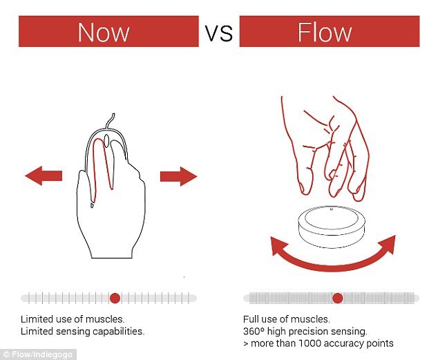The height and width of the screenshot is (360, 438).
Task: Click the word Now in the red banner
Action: [104, 32]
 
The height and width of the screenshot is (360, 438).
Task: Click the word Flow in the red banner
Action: [325, 32]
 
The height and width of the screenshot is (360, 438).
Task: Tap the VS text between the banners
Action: [219, 33]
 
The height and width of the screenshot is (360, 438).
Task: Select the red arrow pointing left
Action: [44, 176]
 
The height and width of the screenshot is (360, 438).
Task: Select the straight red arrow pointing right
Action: [179, 176]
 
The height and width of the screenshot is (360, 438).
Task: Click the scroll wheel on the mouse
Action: [106, 140]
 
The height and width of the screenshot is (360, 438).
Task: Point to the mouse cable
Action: [110, 121]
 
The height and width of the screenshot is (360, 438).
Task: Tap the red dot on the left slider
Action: [115, 298]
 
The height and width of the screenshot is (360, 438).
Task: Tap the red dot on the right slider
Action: [338, 298]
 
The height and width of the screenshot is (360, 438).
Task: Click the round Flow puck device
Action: [332, 227]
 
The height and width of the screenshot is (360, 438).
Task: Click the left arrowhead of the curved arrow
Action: [279, 246]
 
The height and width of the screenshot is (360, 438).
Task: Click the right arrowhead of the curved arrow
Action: [388, 245]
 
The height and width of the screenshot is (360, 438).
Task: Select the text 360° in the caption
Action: [254, 331]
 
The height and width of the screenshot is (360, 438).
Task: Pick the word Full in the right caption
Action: [249, 319]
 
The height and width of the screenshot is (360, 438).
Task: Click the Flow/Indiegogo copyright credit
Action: [38, 354]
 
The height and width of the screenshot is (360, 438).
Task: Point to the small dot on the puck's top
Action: [332, 209]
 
